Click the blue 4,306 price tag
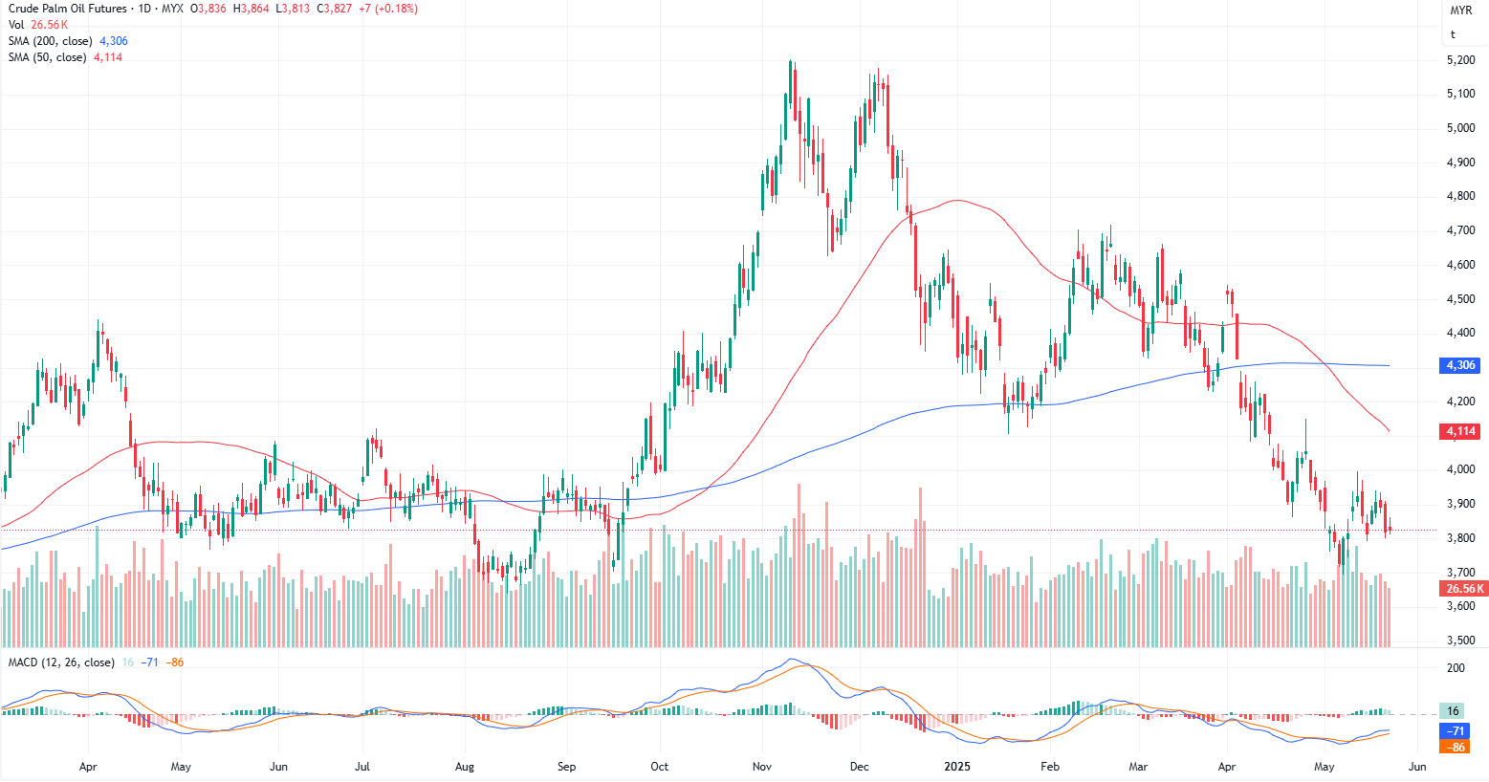click(1460, 365)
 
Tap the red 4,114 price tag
click(1460, 431)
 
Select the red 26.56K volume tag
click(1464, 589)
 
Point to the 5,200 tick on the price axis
click(1460, 60)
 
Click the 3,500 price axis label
click(1460, 641)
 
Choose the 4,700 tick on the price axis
click(1460, 230)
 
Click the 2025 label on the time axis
click(956, 767)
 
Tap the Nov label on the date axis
click(762, 767)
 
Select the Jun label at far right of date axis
click(1417, 767)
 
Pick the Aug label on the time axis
click(465, 767)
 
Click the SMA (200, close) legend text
click(51, 41)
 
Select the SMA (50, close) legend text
click(47, 57)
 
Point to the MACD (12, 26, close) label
click(61, 663)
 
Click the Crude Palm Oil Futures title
click(68, 9)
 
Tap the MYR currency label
click(1460, 11)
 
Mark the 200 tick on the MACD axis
click(1456, 668)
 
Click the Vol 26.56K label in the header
click(38, 25)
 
